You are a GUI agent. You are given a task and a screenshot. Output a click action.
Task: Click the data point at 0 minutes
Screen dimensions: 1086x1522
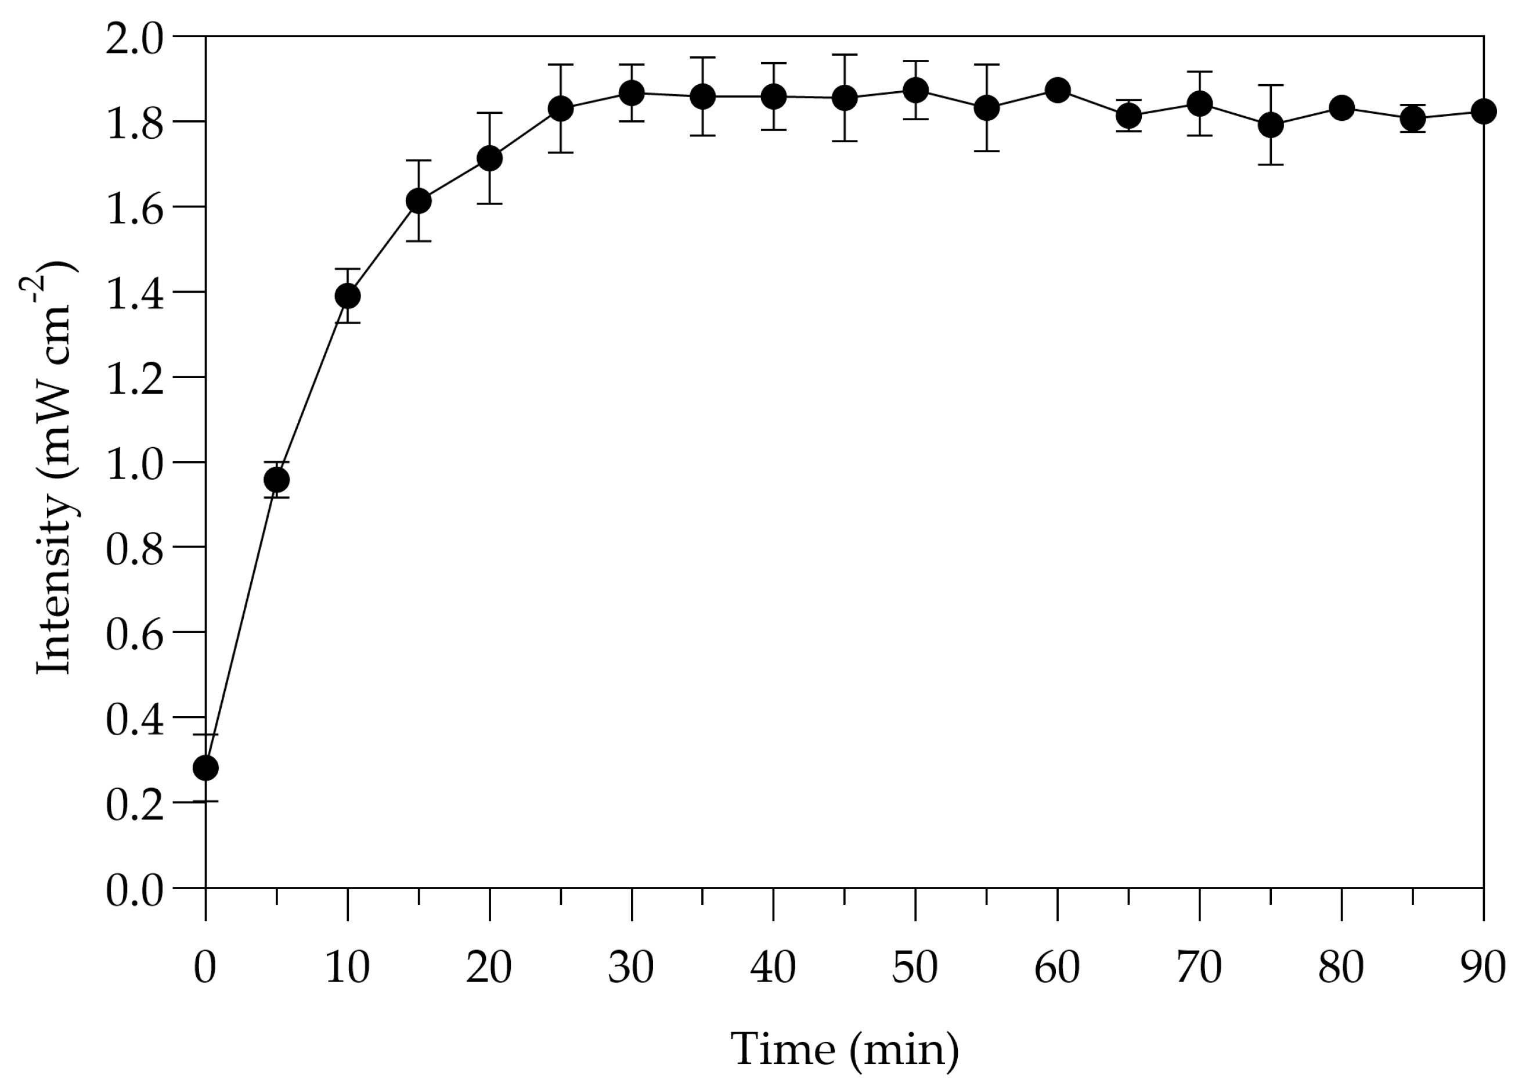click(x=205, y=768)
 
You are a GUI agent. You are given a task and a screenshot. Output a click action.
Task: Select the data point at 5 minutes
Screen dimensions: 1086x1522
click(x=277, y=480)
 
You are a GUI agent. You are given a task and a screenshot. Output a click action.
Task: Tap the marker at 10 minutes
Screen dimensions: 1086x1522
click(x=348, y=295)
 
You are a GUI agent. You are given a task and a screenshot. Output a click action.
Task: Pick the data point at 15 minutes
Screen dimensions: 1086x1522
click(x=419, y=200)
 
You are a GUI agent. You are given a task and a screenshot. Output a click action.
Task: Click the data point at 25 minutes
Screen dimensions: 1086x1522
click(x=561, y=109)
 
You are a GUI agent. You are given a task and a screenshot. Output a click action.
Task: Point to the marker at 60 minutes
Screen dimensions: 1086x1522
click(x=1058, y=89)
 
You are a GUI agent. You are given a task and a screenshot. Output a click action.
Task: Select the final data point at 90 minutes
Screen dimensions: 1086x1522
click(x=1484, y=111)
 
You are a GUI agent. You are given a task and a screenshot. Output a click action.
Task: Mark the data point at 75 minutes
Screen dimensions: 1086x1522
click(x=1271, y=124)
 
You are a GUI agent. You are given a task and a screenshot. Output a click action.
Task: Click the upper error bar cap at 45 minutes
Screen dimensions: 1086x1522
click(x=845, y=55)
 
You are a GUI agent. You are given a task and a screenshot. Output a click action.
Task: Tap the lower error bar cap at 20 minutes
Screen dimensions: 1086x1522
click(x=490, y=203)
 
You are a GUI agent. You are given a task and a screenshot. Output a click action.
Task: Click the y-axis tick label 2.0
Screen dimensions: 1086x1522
click(x=134, y=38)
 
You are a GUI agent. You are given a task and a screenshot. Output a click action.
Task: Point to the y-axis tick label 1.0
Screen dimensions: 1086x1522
click(x=134, y=463)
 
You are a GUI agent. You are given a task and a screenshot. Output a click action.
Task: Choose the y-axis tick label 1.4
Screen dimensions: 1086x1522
click(x=134, y=293)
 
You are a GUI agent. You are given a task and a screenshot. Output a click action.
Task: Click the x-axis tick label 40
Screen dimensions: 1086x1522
click(x=773, y=967)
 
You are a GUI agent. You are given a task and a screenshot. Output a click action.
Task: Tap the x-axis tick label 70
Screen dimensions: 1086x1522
click(x=1199, y=967)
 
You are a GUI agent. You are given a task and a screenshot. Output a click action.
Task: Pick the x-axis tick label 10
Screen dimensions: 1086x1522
click(x=347, y=967)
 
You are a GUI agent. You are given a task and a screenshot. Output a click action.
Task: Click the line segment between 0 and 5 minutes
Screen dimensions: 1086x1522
click(x=241, y=624)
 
